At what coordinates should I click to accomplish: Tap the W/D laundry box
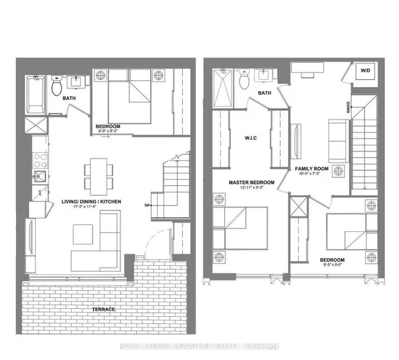366,70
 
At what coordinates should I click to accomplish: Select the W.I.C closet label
251,139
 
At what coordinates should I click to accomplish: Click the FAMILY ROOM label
313,169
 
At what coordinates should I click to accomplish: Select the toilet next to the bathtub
57,84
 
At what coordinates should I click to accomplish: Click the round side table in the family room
339,170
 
